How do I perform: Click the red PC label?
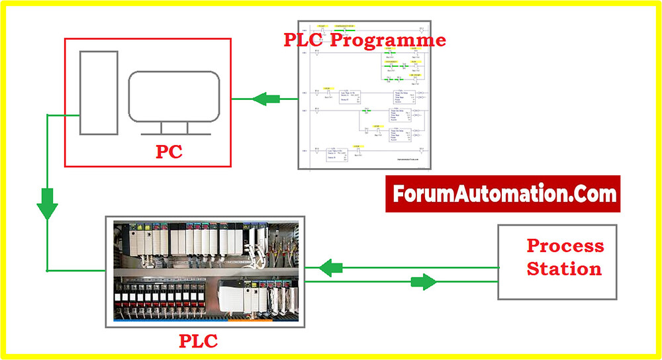(169, 152)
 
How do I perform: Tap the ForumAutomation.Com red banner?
(503, 194)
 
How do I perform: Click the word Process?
(565, 246)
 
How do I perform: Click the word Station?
(564, 269)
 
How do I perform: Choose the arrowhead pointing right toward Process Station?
(424, 283)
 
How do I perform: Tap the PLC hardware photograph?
(205, 271)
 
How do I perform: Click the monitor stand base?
(173, 133)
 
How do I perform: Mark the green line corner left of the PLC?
(48, 271)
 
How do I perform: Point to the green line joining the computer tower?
(63, 115)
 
